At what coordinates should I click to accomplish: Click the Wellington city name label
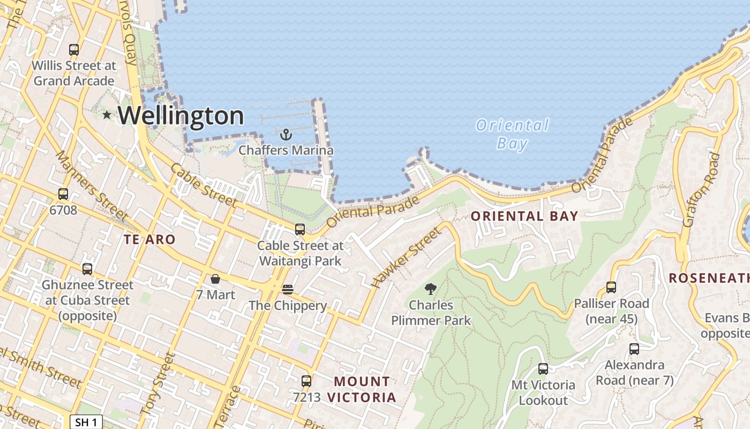pyautogui.click(x=181, y=115)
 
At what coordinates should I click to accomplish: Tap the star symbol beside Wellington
pyautogui.click(x=107, y=115)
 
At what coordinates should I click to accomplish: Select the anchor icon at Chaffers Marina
pyautogui.click(x=286, y=134)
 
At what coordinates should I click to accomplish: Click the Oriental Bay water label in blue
pyautogui.click(x=512, y=134)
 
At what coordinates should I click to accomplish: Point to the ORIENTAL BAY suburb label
pyautogui.click(x=524, y=216)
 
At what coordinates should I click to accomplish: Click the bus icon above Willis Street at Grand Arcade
pyautogui.click(x=74, y=50)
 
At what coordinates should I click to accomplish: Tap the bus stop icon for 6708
pyautogui.click(x=63, y=194)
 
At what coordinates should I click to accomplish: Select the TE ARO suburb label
pyautogui.click(x=149, y=240)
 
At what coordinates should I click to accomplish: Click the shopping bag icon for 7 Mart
pyautogui.click(x=215, y=279)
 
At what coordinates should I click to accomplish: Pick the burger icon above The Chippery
pyautogui.click(x=288, y=290)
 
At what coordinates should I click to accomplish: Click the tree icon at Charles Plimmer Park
pyautogui.click(x=430, y=290)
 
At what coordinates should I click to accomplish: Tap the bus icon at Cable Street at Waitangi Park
pyautogui.click(x=300, y=230)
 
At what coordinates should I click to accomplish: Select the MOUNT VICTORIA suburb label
pyautogui.click(x=362, y=389)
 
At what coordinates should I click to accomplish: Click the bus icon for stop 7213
pyautogui.click(x=306, y=381)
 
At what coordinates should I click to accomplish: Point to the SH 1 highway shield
pyautogui.click(x=86, y=422)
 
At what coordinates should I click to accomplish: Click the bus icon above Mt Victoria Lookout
pyautogui.click(x=543, y=369)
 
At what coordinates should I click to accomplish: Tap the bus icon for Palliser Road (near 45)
pyautogui.click(x=611, y=287)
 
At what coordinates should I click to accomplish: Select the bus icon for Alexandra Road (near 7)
pyautogui.click(x=634, y=349)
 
